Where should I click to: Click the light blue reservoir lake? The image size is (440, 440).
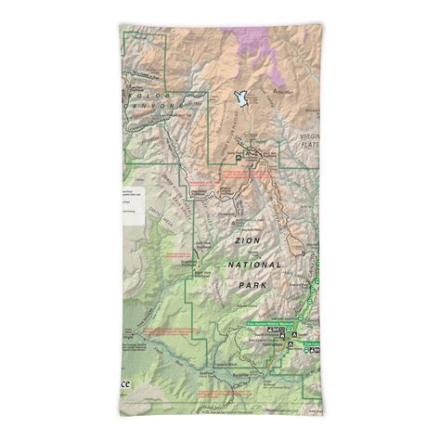pyautogui.click(x=242, y=98)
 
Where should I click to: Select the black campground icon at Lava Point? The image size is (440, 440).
pyautogui.click(x=238, y=158)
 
